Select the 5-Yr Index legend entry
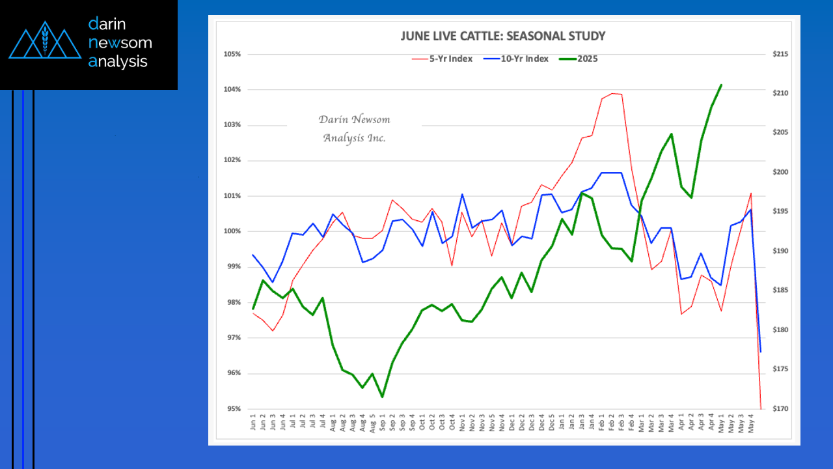click(x=442, y=59)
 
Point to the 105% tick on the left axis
click(x=232, y=54)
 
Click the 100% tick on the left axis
click(x=232, y=231)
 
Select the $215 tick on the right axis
click(x=780, y=54)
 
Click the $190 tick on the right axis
click(x=780, y=251)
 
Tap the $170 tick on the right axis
click(x=780, y=409)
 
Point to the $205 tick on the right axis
click(x=780, y=133)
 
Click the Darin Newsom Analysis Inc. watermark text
click(x=354, y=128)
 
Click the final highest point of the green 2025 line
click(x=720, y=85)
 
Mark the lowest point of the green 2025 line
click(x=382, y=397)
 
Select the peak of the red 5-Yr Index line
click(x=612, y=93)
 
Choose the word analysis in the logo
click(x=118, y=62)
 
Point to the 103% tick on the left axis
click(x=232, y=125)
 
